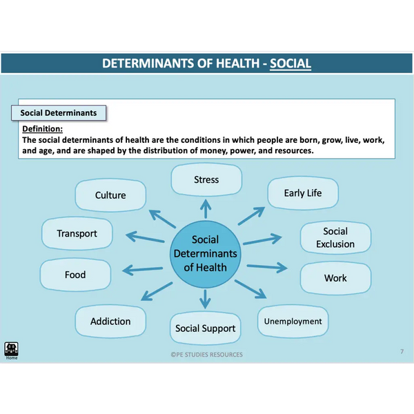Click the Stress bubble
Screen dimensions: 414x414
pos(206,180)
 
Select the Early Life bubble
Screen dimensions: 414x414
pos(302,193)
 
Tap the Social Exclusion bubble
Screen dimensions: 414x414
pos(335,237)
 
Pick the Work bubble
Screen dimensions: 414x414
pos(335,278)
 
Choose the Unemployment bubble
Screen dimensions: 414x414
pos(293,321)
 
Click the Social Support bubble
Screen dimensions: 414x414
pos(205,328)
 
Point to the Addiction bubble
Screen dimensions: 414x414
pos(110,322)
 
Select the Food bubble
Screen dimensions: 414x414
pos(75,275)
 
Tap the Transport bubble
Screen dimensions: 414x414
pos(77,234)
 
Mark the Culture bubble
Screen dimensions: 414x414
pos(110,195)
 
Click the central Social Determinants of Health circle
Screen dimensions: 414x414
pos(205,253)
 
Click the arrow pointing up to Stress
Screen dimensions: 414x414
pos(205,208)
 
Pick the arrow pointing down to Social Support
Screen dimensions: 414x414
pos(205,299)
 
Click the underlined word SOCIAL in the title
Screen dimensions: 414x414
pos(290,64)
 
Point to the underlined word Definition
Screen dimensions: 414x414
pos(42,129)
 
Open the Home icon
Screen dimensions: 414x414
pos(12,350)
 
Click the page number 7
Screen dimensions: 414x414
pos(402,352)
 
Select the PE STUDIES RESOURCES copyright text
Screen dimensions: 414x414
pos(206,355)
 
